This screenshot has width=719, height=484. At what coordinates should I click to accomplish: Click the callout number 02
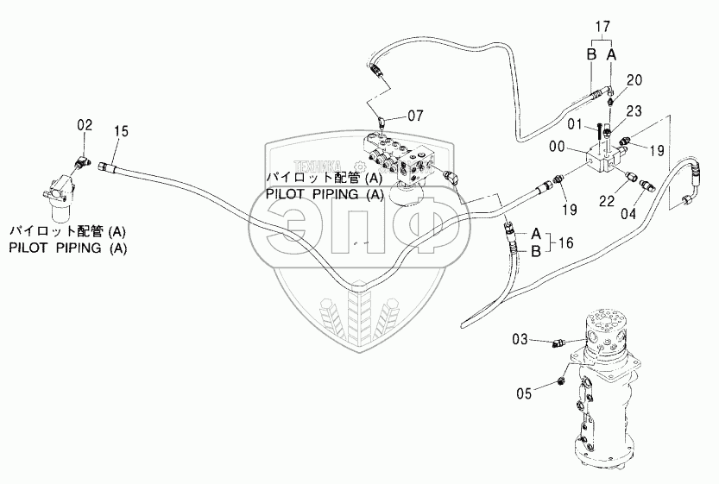click(85, 126)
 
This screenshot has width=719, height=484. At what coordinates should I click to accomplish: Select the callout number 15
click(121, 131)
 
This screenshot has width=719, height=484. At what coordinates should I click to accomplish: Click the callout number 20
click(634, 80)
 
